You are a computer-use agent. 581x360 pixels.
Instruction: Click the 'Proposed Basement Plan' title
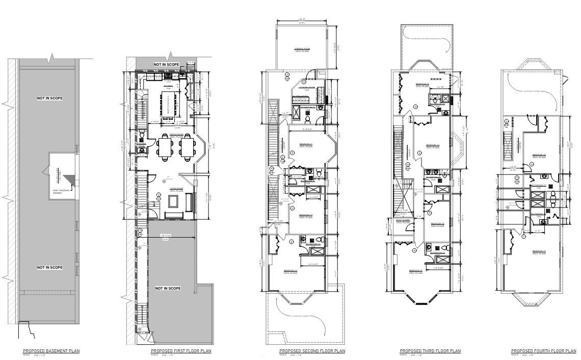click(x=51, y=351)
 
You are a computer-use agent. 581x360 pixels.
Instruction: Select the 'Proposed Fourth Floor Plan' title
click(x=543, y=351)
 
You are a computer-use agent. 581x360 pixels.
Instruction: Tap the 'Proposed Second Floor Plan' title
click(x=312, y=351)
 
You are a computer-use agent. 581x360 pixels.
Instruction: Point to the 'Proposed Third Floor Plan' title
click(x=430, y=351)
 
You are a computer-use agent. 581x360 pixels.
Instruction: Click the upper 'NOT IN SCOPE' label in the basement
click(x=50, y=98)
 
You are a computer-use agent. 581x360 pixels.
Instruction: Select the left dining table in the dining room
click(x=165, y=147)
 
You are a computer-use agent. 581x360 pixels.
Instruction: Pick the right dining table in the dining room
click(x=186, y=147)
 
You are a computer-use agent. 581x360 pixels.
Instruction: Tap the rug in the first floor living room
click(x=172, y=202)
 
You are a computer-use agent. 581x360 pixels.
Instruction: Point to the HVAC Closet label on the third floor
click(x=404, y=221)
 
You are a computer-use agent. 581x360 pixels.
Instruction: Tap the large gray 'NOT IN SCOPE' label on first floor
click(x=168, y=289)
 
